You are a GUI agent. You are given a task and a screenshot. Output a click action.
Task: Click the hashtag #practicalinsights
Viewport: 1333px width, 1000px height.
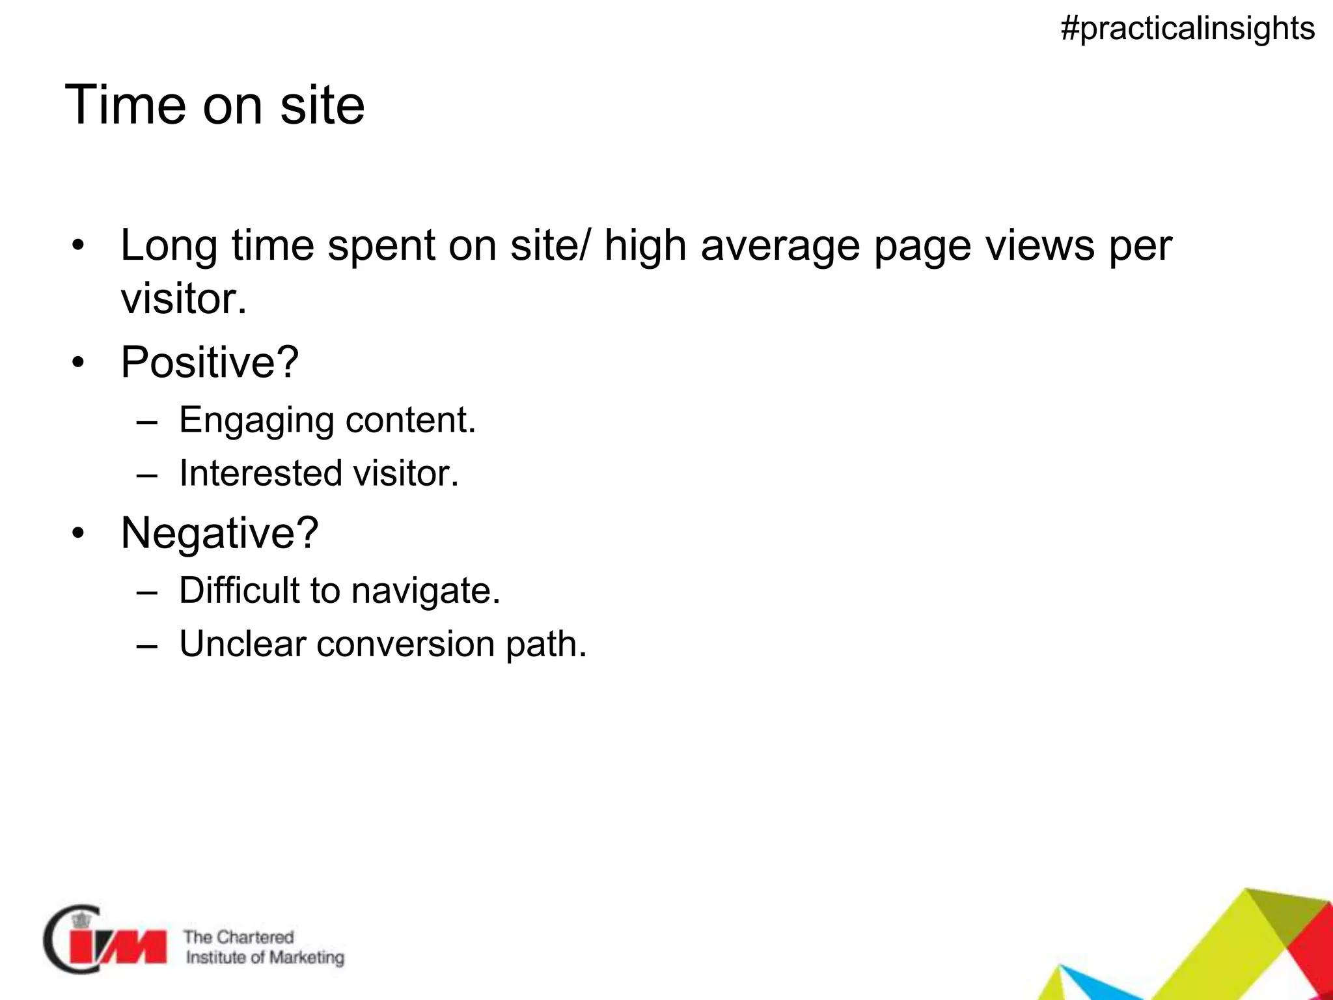click(1187, 29)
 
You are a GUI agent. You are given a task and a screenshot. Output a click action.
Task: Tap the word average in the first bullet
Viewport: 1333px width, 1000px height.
click(780, 246)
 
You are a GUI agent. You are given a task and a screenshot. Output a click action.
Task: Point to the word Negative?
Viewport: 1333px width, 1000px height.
click(219, 533)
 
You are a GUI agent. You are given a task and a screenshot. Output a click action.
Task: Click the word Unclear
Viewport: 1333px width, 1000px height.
click(242, 644)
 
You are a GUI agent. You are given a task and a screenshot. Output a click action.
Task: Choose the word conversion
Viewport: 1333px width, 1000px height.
click(405, 644)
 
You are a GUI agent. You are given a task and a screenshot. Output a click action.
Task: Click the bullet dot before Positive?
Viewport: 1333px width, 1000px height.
click(79, 363)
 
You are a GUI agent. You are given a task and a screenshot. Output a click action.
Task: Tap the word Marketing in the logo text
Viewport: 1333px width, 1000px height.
click(307, 958)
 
